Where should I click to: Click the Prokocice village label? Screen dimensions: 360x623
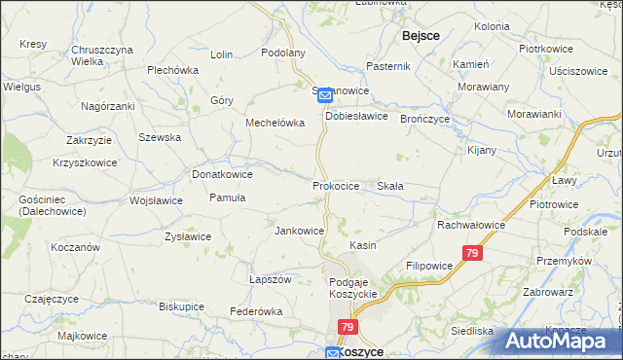click(336, 185)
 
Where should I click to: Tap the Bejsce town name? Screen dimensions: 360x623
click(421, 35)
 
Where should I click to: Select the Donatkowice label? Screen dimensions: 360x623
click(222, 174)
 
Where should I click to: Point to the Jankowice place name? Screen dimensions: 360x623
click(299, 231)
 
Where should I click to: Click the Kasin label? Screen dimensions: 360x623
click(363, 246)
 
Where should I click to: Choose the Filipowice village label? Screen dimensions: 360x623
click(429, 265)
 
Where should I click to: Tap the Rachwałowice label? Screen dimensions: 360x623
click(470, 225)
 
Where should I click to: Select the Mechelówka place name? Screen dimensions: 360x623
click(275, 124)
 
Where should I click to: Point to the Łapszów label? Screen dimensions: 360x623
click(271, 279)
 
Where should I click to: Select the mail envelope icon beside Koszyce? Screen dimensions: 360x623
click(332, 353)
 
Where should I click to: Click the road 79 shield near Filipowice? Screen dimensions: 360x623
click(472, 253)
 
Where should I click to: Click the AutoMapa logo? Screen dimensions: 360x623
click(560, 340)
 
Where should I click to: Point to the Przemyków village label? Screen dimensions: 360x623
click(564, 261)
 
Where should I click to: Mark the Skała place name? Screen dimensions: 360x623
click(390, 185)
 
